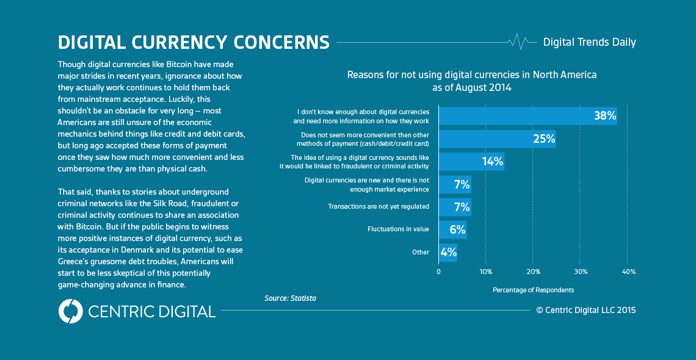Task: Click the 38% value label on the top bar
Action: click(x=604, y=115)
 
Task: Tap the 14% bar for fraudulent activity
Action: click(x=471, y=161)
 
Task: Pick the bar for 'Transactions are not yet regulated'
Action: click(x=454, y=207)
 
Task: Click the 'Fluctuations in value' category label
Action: click(x=398, y=229)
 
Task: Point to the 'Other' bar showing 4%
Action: click(x=448, y=252)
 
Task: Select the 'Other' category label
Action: click(x=421, y=252)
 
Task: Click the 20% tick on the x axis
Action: click(x=533, y=271)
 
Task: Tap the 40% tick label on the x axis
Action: click(x=628, y=271)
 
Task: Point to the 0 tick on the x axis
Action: click(x=438, y=271)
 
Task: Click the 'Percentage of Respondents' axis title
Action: click(x=533, y=290)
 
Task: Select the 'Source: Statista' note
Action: click(x=290, y=298)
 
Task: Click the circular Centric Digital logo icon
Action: click(x=70, y=311)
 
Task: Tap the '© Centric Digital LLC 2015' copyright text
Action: click(x=585, y=310)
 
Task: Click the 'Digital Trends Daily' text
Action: click(x=589, y=42)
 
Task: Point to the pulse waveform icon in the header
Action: click(x=518, y=41)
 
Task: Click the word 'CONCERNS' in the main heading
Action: click(x=281, y=42)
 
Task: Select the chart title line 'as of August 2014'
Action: click(x=472, y=87)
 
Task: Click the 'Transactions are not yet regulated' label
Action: click(x=379, y=207)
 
